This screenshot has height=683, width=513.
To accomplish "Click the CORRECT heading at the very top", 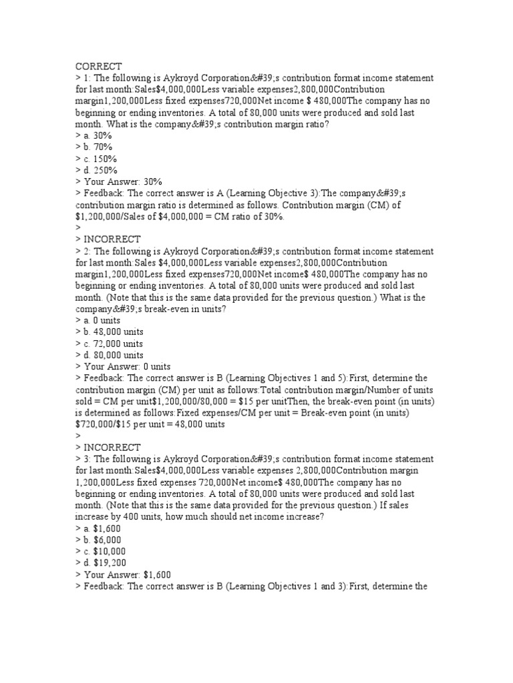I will (x=98, y=66).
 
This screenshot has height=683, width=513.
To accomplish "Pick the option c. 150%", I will (x=100, y=159).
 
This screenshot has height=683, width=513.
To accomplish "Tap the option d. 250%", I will (x=100, y=170).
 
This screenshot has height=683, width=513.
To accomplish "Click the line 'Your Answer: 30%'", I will (x=123, y=181).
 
